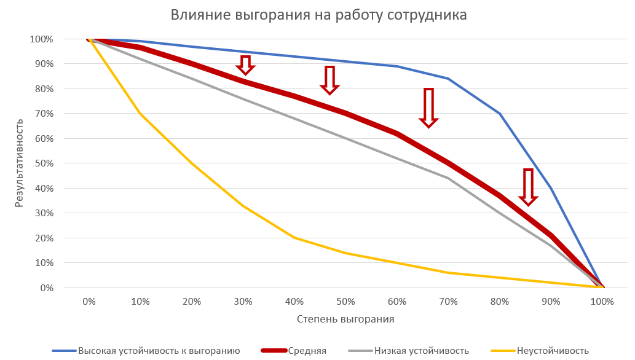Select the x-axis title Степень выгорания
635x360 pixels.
[x=345, y=319]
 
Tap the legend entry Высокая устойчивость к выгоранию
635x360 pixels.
[x=159, y=351]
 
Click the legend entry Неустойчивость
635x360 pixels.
[x=553, y=351]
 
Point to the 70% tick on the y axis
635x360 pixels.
[x=42, y=114]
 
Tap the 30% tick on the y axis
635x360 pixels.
[x=42, y=213]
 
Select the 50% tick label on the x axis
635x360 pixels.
[x=345, y=302]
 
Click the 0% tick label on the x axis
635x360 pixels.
[x=89, y=302]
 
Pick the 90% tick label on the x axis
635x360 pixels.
[x=551, y=302]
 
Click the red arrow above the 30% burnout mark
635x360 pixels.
[x=245, y=64]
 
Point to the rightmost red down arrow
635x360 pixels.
[x=528, y=186]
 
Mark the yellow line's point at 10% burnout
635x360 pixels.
[x=141, y=114]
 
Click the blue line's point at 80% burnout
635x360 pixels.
[x=500, y=114]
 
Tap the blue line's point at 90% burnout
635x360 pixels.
[x=551, y=188]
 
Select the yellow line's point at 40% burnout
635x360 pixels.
[x=294, y=238]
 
